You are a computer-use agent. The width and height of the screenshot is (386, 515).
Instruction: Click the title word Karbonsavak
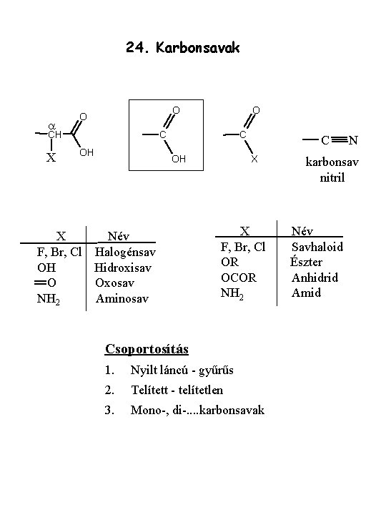198,48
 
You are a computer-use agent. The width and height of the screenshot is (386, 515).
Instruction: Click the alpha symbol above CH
52,127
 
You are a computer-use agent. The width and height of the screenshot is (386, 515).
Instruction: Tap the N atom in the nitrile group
353,140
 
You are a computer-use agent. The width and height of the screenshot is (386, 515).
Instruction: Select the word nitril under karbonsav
332,177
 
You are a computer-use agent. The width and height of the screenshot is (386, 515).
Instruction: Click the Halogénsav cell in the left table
125,252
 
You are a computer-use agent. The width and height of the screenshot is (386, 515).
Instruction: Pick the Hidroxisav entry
123,268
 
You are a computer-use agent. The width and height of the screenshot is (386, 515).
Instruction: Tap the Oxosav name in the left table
114,283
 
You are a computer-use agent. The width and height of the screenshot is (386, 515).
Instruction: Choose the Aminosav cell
122,298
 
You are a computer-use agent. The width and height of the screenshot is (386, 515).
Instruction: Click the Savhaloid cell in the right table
317,247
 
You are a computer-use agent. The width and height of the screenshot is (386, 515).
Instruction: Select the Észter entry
306,262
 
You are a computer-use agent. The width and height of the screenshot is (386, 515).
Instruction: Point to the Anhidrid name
315,278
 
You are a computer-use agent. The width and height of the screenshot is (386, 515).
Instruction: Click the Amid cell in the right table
306,293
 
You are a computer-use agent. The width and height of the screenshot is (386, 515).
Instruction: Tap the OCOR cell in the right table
239,278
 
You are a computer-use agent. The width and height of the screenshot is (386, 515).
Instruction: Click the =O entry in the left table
45,283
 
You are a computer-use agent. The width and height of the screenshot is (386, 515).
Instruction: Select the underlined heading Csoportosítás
147,349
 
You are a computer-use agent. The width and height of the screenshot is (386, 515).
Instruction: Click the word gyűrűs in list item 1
216,371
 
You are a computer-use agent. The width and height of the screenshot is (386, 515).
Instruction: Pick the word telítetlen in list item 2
201,391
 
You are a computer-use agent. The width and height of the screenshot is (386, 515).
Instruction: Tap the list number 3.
109,411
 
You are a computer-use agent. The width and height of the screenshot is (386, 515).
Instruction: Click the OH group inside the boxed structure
179,159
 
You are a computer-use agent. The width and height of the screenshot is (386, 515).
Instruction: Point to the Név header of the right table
302,231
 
